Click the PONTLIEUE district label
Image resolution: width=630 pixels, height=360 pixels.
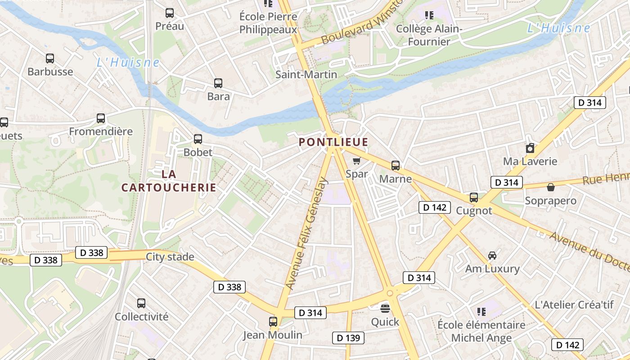(x=333, y=142)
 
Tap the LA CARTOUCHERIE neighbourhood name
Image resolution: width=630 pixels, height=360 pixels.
(x=169, y=180)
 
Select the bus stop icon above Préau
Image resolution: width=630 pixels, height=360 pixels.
(x=170, y=13)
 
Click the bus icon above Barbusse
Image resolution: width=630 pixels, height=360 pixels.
(x=50, y=58)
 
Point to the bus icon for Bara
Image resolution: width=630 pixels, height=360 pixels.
(x=218, y=83)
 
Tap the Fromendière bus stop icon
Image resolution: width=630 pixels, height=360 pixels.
(x=101, y=118)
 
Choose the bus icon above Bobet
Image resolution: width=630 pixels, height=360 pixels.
(x=198, y=139)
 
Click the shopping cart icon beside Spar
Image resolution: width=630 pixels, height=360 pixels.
(x=356, y=161)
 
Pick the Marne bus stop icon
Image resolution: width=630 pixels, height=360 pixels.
(x=396, y=166)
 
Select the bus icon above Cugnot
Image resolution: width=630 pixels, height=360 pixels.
(x=474, y=198)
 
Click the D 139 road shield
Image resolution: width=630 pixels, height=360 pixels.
(x=348, y=338)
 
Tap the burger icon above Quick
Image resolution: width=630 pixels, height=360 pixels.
(x=385, y=308)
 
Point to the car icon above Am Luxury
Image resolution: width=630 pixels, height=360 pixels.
(x=492, y=256)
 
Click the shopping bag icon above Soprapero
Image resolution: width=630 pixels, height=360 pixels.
(x=550, y=187)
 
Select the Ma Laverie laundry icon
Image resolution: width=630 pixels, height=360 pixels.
(x=530, y=148)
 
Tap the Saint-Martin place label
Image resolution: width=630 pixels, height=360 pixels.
(x=306, y=74)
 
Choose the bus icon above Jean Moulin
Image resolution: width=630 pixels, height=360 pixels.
(x=273, y=322)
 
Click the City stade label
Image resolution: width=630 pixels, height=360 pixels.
(x=170, y=257)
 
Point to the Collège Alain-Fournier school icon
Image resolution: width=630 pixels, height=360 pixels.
(x=429, y=16)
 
